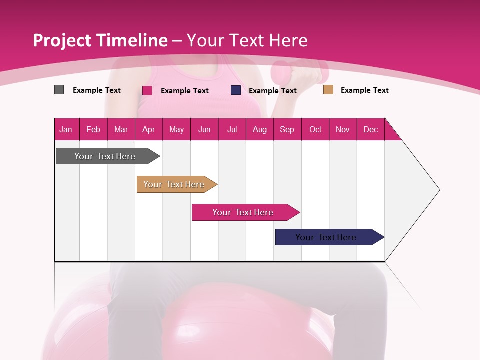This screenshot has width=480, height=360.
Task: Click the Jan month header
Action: (66, 129)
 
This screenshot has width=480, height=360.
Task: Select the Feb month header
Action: (93, 129)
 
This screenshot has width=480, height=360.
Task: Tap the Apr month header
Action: (148, 129)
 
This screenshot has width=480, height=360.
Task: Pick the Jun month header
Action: (204, 129)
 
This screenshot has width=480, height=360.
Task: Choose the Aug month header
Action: (259, 129)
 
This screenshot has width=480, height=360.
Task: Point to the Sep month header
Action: (287, 129)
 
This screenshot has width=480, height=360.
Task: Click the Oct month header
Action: (315, 129)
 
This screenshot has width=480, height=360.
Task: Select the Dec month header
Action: (370, 129)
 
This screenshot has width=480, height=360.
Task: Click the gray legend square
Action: (59, 90)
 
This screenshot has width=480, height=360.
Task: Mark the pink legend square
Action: (147, 90)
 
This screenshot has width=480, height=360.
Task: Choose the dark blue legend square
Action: (236, 90)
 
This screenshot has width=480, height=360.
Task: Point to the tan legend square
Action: (328, 90)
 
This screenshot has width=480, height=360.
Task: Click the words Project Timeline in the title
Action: (100, 40)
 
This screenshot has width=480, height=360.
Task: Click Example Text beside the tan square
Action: (364, 90)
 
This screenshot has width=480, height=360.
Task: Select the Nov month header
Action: (343, 129)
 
